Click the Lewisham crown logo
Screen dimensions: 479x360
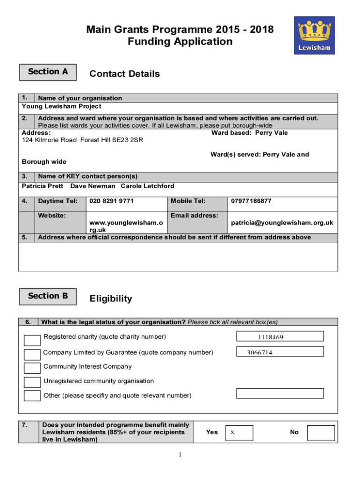pyautogui.click(x=314, y=35)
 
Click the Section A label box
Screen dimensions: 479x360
pyautogui.click(x=48, y=72)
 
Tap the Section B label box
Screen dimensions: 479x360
pyautogui.click(x=48, y=296)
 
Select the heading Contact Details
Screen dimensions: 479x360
pyautogui.click(x=124, y=74)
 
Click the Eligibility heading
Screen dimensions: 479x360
pyautogui.click(x=110, y=299)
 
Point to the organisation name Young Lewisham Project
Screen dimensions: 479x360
pyautogui.click(x=61, y=107)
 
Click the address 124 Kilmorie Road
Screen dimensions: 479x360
pyautogui.click(x=49, y=140)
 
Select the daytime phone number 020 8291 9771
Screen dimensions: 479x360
pyautogui.click(x=111, y=201)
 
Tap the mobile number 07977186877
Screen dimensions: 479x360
pyautogui.click(x=251, y=201)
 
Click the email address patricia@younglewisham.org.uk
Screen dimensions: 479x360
pyautogui.click(x=282, y=223)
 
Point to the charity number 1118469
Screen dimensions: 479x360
pyautogui.click(x=270, y=337)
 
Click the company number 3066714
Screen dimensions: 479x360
pyautogui.click(x=260, y=353)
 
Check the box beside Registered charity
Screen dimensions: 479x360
pyautogui.click(x=32, y=340)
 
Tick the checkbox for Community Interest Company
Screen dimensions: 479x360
pyautogui.click(x=32, y=368)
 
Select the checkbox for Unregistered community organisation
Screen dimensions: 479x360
pyautogui.click(x=32, y=382)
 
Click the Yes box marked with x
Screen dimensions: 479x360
pyautogui.click(x=239, y=433)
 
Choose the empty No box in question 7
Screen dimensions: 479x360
pyautogui.click(x=321, y=433)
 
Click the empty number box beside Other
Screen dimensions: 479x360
pyautogui.click(x=280, y=393)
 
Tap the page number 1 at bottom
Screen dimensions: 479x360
pyautogui.click(x=180, y=455)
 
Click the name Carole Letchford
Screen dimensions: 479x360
pyautogui.click(x=147, y=186)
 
